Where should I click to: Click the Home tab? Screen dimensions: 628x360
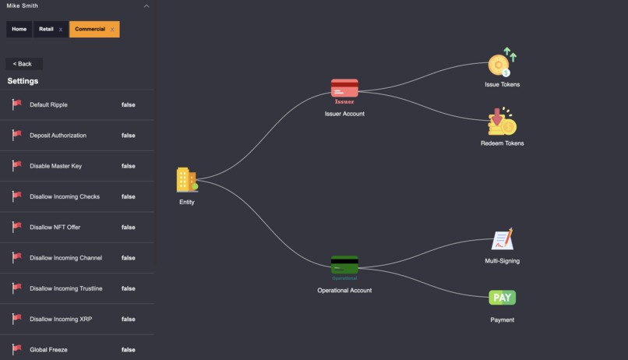19,30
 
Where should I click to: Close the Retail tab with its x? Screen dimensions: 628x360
61,30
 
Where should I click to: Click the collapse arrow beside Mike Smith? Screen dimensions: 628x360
146,6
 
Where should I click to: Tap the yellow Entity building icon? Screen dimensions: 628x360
187,179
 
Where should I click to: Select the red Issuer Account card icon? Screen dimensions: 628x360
344,89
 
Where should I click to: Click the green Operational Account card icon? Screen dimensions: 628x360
344,265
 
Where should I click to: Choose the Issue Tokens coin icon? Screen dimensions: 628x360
502,62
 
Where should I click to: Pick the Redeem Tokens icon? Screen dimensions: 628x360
502,122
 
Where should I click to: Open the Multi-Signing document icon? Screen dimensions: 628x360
503,239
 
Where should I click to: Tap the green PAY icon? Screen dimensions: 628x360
503,298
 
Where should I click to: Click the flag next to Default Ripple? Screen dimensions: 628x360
16,104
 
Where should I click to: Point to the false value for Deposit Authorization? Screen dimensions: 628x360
128,136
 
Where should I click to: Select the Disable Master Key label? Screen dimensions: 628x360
55,166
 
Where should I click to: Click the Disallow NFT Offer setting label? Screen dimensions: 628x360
55,227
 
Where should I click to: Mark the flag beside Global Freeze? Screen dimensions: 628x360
16,349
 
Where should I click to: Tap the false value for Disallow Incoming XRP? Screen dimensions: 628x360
128,319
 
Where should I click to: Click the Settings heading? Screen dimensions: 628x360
23,81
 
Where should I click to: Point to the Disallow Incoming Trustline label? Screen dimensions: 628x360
66,288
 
